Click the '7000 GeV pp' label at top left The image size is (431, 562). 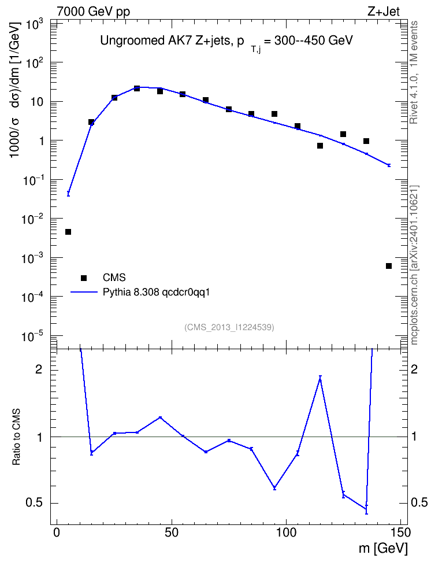tap(93, 12)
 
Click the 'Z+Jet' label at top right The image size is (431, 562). tap(384, 12)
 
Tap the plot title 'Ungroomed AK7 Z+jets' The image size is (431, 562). tap(165, 40)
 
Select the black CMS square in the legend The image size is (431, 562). tap(84, 278)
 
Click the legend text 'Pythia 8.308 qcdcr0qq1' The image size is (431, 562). tap(156, 293)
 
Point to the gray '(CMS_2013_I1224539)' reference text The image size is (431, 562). tap(229, 327)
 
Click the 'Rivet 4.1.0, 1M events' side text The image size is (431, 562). tap(414, 72)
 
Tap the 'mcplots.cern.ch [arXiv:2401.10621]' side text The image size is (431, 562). tap(414, 265)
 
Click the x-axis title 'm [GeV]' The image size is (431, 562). tap(383, 548)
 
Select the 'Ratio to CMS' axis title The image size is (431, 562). tap(16, 437)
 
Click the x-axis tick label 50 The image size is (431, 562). tap(172, 533)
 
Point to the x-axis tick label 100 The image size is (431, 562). tap(287, 533)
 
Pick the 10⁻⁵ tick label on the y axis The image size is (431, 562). tap(32, 337)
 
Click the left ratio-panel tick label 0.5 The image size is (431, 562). tap(34, 503)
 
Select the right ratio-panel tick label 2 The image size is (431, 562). tap(414, 369)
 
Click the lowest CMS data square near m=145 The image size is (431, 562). tap(389, 266)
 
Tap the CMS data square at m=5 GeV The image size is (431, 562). tap(68, 232)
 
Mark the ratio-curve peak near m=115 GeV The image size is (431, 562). tap(320, 378)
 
